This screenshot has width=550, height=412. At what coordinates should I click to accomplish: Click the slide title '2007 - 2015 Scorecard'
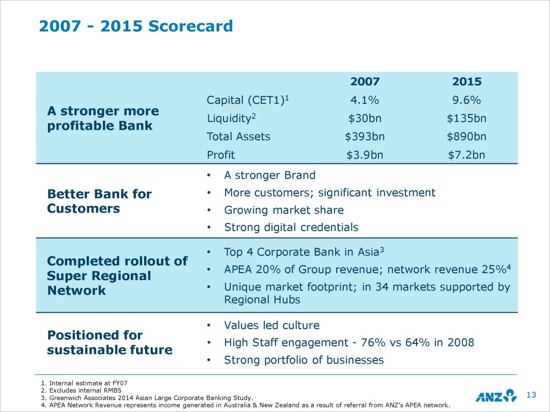point(136,26)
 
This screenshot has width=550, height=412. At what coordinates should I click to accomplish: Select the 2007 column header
point(365,82)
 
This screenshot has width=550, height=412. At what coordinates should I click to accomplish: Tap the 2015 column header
point(466,82)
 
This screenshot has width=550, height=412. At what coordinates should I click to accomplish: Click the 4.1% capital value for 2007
point(365,100)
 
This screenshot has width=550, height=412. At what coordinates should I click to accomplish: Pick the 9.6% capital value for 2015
point(466,100)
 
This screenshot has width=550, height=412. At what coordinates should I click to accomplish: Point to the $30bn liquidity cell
point(365,119)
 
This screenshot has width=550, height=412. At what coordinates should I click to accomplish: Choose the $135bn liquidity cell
point(466,119)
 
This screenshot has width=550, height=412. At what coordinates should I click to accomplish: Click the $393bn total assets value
point(365,136)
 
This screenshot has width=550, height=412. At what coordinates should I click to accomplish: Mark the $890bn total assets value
point(466,136)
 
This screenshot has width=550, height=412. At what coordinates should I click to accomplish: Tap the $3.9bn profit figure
point(365,155)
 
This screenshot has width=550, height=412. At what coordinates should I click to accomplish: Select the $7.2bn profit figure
point(466,155)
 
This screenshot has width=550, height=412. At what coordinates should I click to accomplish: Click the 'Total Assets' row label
point(238,136)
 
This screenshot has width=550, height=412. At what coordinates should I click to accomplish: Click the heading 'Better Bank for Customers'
point(99,201)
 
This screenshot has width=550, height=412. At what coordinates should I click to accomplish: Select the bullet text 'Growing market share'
point(284,210)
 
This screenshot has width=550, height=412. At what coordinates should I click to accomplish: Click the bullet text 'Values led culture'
point(272,326)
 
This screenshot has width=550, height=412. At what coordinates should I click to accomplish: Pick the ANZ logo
point(496,395)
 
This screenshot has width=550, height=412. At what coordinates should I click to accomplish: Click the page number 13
point(532,395)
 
